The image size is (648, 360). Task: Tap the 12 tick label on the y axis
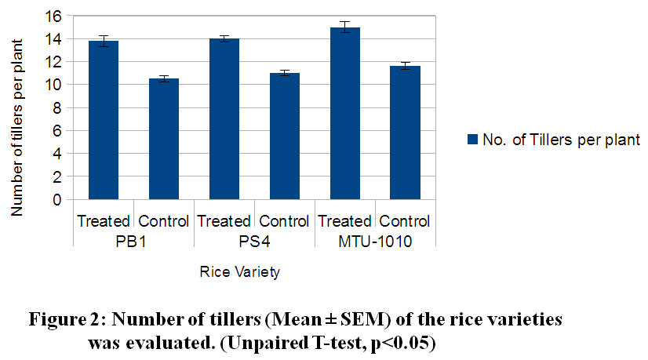pos(53,62)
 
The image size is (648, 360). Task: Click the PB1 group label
pos(134,242)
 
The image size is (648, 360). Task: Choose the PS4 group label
pos(255,242)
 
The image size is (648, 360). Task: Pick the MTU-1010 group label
pos(376,242)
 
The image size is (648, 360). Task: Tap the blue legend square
pos(471,140)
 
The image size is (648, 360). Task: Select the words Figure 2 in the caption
pos(66,321)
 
